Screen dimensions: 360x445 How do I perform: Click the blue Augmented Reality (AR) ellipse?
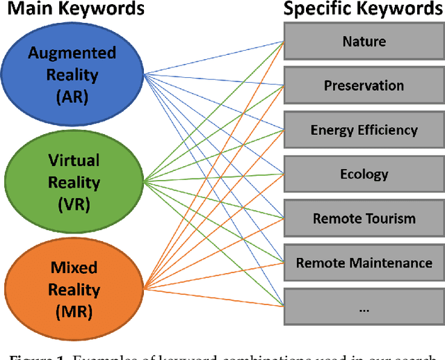[x=73, y=72]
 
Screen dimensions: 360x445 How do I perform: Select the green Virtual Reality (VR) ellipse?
[x=73, y=182]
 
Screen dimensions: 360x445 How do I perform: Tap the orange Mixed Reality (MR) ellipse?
[x=73, y=289]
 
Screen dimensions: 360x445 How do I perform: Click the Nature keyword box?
[x=364, y=42]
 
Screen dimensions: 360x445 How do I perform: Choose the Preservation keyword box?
[x=364, y=85]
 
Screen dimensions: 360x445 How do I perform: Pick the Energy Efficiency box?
[x=364, y=130]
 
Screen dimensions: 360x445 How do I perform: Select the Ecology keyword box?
[x=364, y=174]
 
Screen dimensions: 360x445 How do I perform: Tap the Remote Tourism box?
[x=364, y=218]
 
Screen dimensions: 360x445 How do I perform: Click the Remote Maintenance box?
[x=364, y=263]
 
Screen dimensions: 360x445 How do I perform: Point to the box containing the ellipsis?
[x=364, y=306]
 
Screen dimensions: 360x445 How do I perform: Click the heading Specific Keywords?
[x=364, y=10]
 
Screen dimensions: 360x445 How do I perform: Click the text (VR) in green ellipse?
[x=74, y=205]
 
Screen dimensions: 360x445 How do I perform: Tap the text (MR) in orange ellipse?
[x=74, y=312]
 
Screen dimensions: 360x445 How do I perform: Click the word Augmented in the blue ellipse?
[x=74, y=53]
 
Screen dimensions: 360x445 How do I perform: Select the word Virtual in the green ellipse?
[x=74, y=161]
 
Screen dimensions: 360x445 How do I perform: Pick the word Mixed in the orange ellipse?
[x=74, y=268]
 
